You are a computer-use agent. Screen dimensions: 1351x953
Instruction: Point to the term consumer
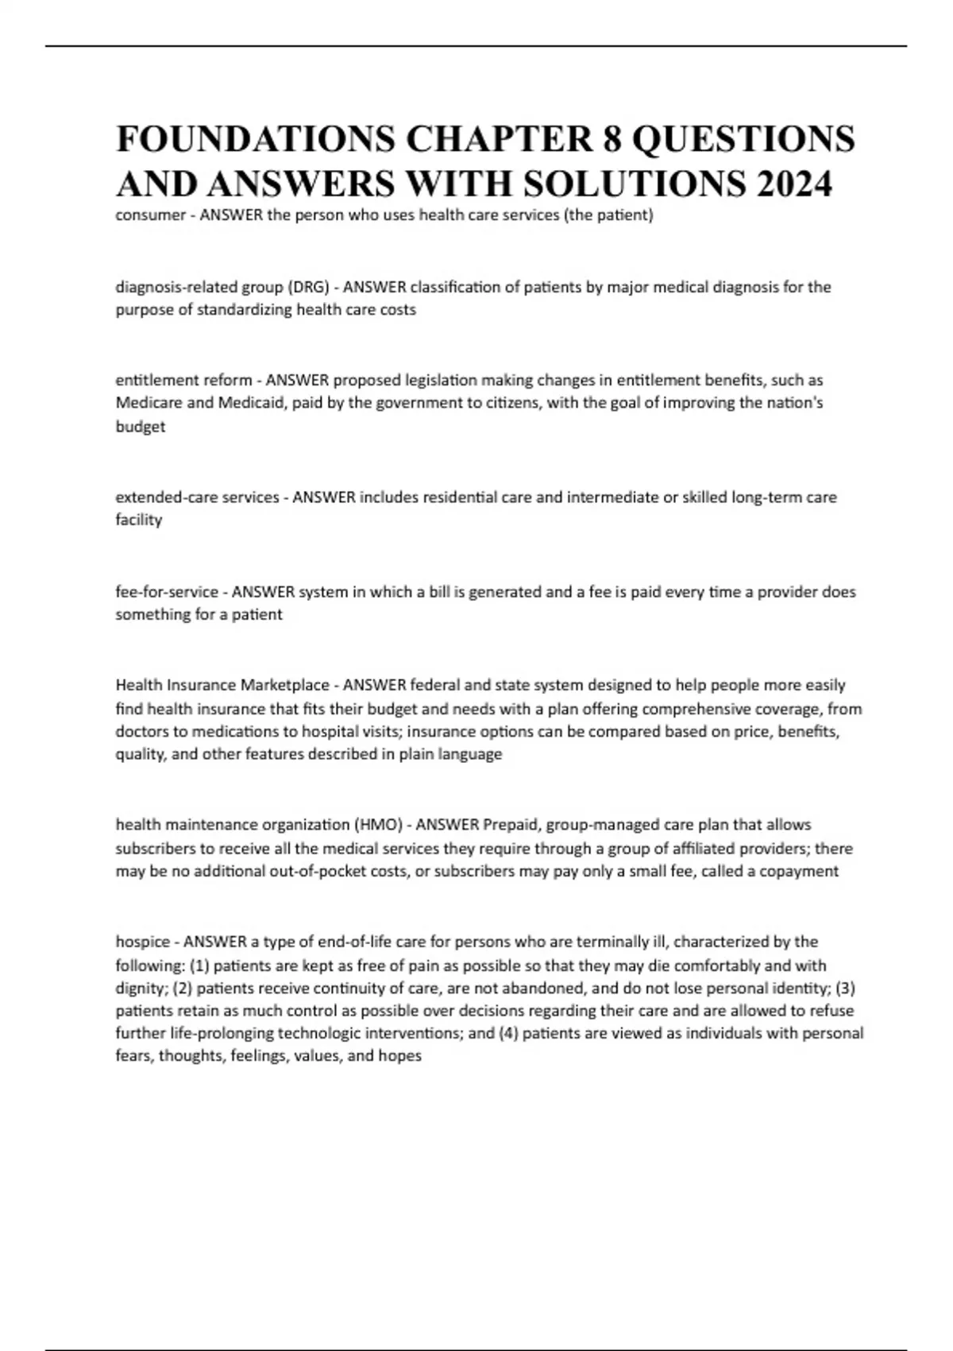pyautogui.click(x=150, y=215)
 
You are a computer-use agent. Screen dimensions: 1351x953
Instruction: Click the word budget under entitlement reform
pyautogui.click(x=141, y=427)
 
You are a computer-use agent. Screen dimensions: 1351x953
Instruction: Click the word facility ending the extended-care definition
pyautogui.click(x=139, y=520)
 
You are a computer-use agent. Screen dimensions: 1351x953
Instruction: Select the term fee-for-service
pyautogui.click(x=166, y=592)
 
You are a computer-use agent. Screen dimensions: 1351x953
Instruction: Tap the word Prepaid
pyautogui.click(x=511, y=825)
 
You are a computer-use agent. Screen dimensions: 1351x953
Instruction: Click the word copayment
pyautogui.click(x=798, y=871)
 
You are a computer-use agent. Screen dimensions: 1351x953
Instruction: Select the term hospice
pyautogui.click(x=143, y=943)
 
